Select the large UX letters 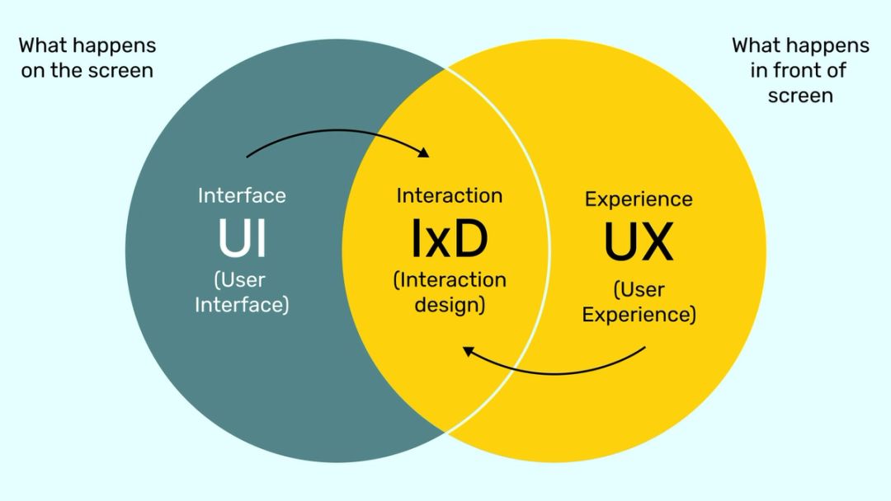click(x=639, y=241)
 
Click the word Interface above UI click(x=242, y=195)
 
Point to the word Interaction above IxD click(x=449, y=195)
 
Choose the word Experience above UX click(x=639, y=199)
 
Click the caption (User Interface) click(x=242, y=292)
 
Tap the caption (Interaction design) click(x=449, y=292)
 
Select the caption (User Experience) click(x=639, y=302)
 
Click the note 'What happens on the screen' click(x=87, y=58)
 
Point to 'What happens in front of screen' click(x=800, y=70)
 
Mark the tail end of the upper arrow click(x=247, y=156)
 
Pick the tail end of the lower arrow click(x=644, y=348)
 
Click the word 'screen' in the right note click(x=800, y=96)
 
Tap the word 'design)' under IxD click(x=449, y=304)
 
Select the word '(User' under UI click(x=240, y=280)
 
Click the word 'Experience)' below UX click(x=639, y=314)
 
